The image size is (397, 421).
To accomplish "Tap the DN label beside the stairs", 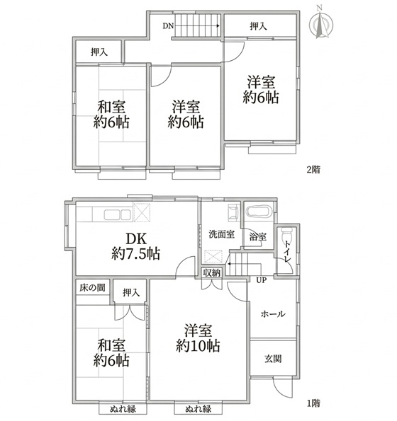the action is point(168,26).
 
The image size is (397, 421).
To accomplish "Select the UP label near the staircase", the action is point(261,281).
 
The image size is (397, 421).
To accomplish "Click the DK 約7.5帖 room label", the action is point(136,246).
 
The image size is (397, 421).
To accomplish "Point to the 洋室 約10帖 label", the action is point(198,338).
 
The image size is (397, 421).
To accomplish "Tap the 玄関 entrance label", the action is point(273,359).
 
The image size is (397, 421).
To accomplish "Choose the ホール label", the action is point(273,313).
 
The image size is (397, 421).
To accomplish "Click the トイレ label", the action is point(288,252).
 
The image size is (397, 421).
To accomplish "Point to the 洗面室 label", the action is point(222,234).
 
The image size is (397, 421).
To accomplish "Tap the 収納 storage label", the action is point(212,273).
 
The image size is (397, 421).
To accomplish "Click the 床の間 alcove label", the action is point(92,288).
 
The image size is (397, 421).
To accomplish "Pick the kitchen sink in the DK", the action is point(118,215).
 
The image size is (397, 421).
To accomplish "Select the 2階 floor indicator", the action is point(313,170).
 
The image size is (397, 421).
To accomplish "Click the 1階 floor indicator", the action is point(313,403).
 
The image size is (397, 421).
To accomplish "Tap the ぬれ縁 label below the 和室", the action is point(123,409).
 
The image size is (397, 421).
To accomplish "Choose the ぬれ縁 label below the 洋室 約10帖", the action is point(198,409).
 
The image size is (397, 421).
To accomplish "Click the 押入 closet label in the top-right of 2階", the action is point(259,26).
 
